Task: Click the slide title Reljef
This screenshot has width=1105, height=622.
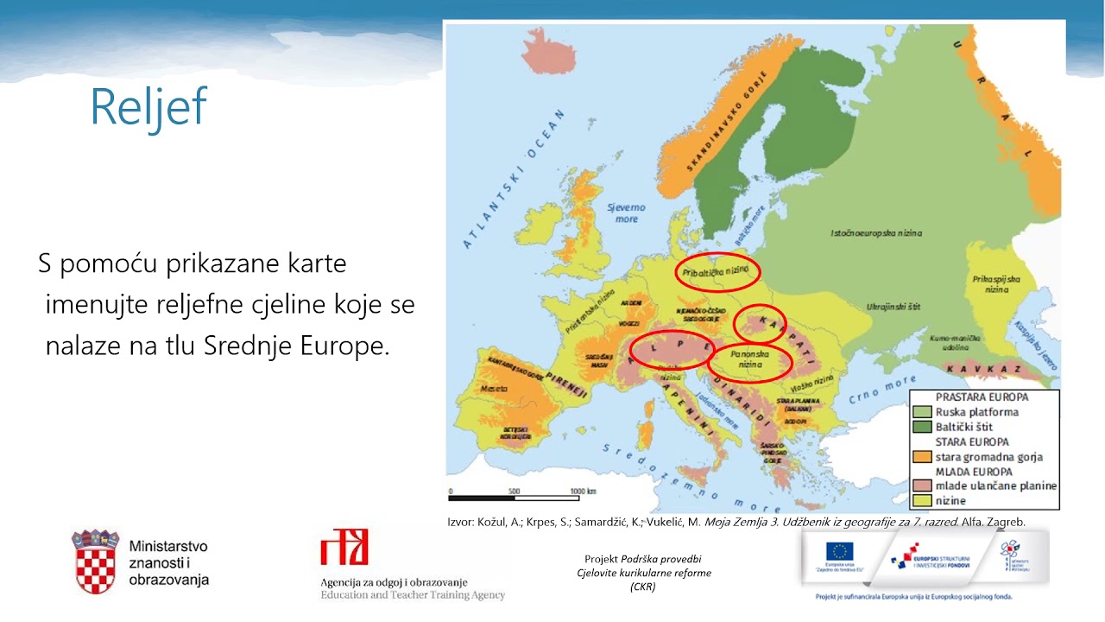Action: coord(148,107)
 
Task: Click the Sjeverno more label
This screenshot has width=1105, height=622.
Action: coord(626,213)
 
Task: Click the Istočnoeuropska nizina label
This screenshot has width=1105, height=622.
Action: coord(876,233)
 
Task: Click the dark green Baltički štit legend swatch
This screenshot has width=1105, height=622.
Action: coord(922,427)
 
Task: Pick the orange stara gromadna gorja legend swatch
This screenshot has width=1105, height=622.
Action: coord(922,457)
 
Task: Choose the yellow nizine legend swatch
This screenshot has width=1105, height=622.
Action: coord(922,500)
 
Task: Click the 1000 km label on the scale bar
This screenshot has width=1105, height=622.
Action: coord(584,491)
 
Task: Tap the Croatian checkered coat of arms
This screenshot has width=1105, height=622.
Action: coord(95,563)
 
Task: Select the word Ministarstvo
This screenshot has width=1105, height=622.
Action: coord(167,547)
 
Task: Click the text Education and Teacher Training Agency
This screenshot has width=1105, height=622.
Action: coord(413,595)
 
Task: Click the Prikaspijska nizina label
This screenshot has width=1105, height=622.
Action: coord(996,284)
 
